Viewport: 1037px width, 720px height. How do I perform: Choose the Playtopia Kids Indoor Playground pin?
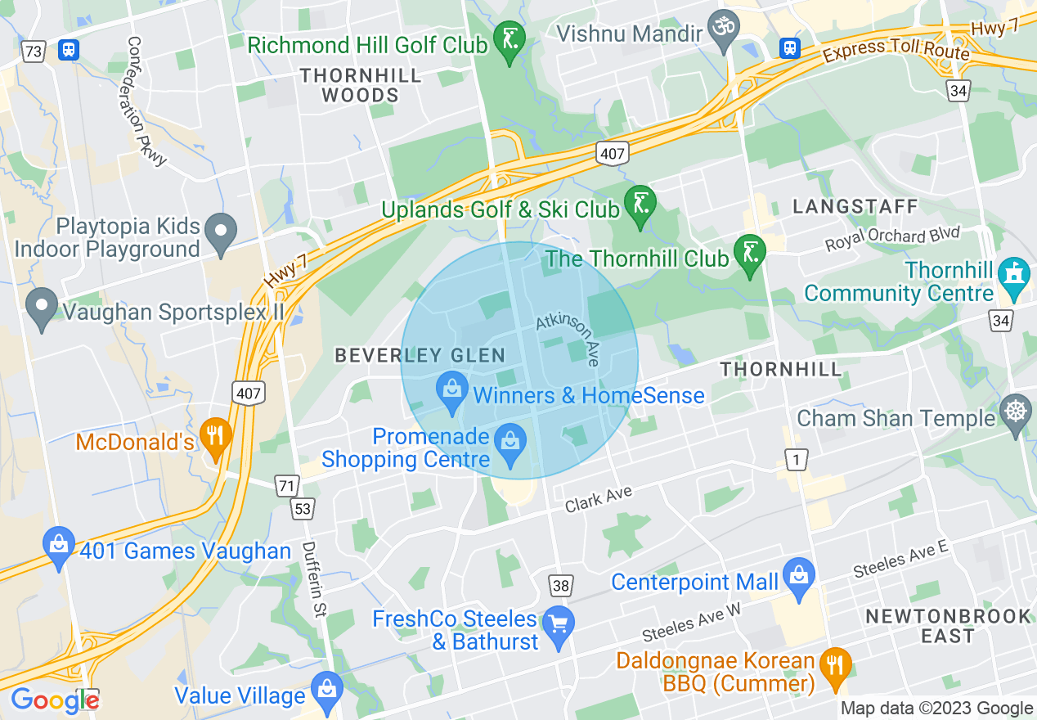pos(220,231)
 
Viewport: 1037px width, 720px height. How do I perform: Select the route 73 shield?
pos(34,52)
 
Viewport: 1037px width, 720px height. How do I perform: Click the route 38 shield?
pos(561,586)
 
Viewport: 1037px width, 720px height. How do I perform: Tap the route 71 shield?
pos(286,486)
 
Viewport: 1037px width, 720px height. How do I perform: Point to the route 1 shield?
pos(796,461)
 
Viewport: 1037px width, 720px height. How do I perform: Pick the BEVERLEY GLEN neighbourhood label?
pos(420,356)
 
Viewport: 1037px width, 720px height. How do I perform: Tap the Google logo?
pos(54,700)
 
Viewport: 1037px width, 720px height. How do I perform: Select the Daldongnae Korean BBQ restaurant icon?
pos(834,664)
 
